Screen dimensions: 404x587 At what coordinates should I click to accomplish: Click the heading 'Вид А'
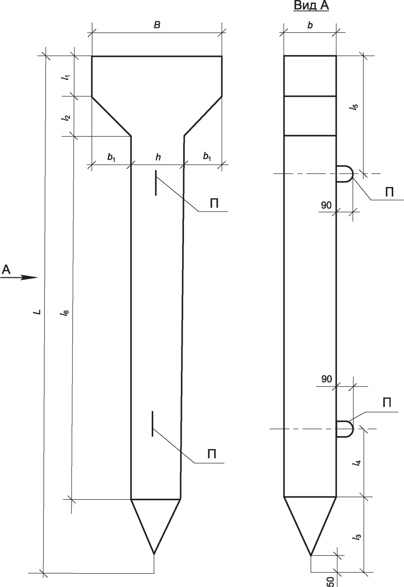(311, 6)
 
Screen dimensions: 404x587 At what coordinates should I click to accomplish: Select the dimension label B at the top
(157, 25)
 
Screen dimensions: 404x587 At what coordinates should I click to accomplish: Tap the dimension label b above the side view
(310, 25)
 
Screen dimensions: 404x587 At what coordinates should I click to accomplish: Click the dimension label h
(158, 157)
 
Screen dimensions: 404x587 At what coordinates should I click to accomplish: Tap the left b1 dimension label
(111, 157)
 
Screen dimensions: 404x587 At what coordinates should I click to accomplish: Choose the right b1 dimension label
(207, 157)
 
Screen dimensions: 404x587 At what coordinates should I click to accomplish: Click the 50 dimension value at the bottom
(330, 580)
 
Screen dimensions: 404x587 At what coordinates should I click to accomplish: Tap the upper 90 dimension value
(326, 205)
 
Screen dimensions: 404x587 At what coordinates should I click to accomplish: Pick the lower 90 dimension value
(326, 379)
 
